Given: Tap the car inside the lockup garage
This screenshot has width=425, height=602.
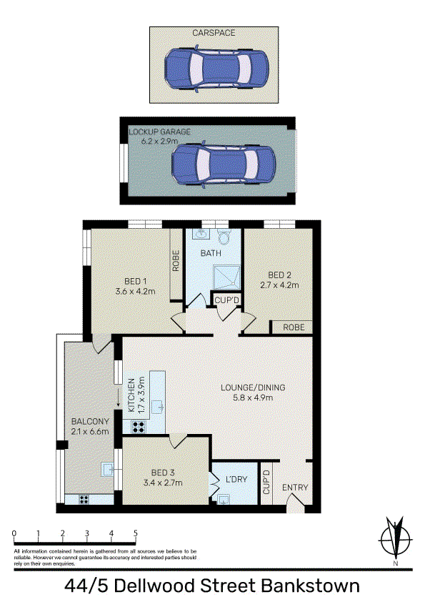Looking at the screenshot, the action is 224,165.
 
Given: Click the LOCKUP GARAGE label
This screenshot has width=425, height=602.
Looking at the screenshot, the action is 159,132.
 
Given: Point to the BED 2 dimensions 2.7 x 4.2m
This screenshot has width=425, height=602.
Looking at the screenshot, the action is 279,285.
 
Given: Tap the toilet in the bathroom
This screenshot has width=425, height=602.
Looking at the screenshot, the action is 223,236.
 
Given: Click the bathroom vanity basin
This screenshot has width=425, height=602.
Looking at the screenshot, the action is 199,235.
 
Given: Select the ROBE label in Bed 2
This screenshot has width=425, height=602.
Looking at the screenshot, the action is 294,327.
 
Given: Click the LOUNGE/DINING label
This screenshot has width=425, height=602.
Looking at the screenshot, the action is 253,388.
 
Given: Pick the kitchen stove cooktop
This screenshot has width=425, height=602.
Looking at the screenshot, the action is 139,427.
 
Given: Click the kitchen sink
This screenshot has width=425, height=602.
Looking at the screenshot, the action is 159,407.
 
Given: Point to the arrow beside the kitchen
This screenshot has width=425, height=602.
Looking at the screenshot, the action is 118,398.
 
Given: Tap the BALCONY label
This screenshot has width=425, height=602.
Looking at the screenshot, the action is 90,422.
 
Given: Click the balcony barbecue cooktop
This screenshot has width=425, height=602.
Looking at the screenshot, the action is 84,500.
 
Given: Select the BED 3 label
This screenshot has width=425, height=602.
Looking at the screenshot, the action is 163,473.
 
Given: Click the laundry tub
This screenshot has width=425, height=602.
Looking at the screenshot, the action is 224,499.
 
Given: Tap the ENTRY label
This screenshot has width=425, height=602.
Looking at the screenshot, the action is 295,487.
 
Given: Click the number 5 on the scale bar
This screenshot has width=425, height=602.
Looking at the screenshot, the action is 136,533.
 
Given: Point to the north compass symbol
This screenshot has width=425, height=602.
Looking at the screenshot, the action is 396,538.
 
